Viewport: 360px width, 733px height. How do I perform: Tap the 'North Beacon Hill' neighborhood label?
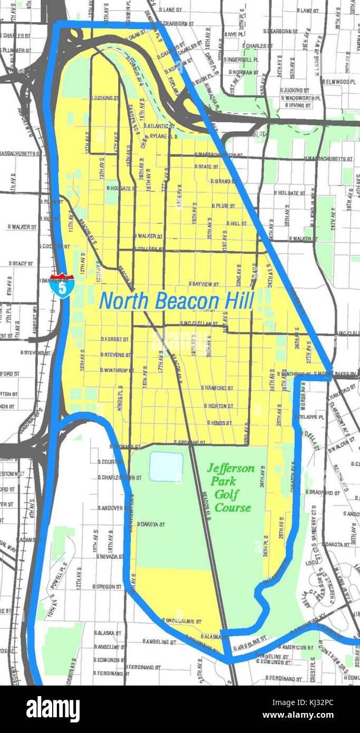pyautogui.click(x=177, y=301)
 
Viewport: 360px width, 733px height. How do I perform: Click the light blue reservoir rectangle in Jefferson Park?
pyautogui.click(x=166, y=466)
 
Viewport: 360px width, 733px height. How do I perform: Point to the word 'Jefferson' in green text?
pyautogui.click(x=230, y=468)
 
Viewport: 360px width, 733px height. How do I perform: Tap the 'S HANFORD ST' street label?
pyautogui.click(x=217, y=388)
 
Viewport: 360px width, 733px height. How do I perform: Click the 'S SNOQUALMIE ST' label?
pyautogui.click(x=179, y=620)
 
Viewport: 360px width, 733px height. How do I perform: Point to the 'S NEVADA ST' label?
pyautogui.click(x=110, y=556)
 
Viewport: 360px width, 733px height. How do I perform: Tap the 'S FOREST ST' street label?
pyautogui.click(x=113, y=339)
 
